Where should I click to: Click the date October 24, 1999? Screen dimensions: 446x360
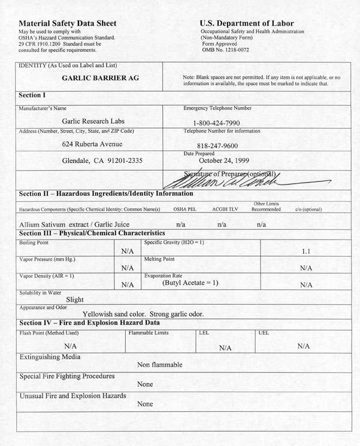[x=226, y=160]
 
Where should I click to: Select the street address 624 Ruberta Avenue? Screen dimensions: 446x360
[x=92, y=144]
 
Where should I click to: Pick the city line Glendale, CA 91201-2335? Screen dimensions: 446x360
[x=102, y=160]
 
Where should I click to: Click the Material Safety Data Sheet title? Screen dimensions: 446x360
[x=68, y=23]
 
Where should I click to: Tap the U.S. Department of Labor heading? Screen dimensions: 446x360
[x=246, y=23]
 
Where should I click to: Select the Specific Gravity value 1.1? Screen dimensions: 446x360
[x=305, y=251]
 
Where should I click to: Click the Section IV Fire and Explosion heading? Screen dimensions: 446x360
[x=89, y=323]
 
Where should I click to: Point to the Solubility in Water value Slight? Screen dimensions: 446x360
[x=75, y=299]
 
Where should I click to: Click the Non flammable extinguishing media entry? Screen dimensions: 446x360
[x=159, y=364]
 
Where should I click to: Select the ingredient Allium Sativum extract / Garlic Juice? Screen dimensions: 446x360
[x=74, y=224]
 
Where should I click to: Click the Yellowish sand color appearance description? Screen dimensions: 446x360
[x=143, y=314]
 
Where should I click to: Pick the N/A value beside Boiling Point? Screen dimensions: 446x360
[x=127, y=251]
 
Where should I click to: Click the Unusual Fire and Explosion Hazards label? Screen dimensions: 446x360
[x=72, y=396]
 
